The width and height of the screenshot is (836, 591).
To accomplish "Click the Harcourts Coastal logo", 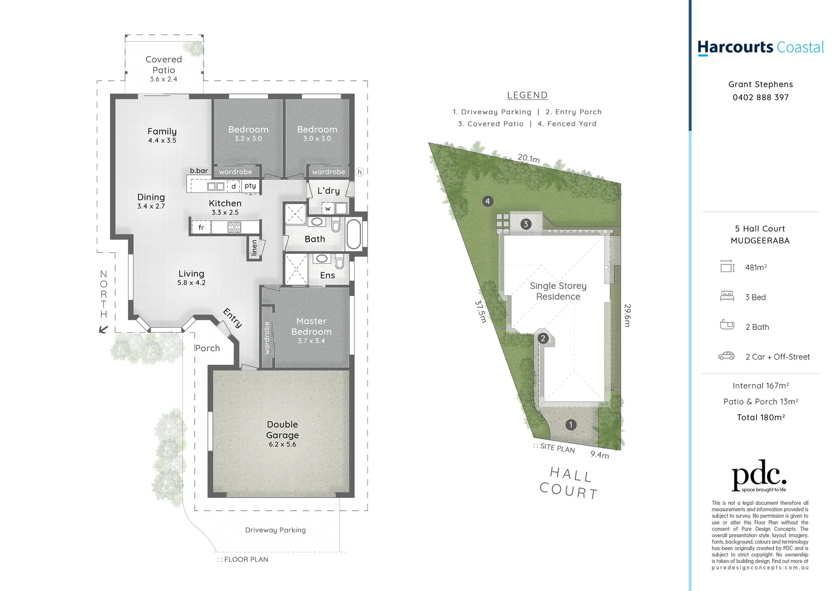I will coord(760,48).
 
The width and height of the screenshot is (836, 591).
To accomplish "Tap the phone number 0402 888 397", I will coord(760,97).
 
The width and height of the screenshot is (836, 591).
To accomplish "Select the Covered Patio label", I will coord(164,65).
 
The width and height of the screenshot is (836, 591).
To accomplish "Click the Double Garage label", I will coord(282,430).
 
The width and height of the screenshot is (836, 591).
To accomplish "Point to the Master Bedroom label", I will coord(311,326).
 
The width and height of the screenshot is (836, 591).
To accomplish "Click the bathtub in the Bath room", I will coord(354,234).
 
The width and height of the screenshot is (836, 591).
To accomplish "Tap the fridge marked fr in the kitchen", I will coord(201,227).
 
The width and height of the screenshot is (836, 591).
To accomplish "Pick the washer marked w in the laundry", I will coord(328,208).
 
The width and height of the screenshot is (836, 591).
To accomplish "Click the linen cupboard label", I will coord(254,248).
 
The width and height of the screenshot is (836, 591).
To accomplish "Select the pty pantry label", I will coord(250,186).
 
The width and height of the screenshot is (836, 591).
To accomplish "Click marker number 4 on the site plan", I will coord(487,201).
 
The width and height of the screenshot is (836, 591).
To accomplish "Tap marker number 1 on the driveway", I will coord(571,425).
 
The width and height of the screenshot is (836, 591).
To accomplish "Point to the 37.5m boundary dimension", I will coord(480,311).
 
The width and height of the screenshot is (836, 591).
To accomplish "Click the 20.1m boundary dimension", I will coord(529,158).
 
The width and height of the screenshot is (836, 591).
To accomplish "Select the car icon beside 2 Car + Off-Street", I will coord(727,356).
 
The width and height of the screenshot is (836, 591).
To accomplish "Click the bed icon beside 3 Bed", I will coord(727,297).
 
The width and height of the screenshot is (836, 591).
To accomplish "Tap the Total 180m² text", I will coord(760,417).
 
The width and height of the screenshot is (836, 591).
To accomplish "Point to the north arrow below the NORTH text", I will coord(103,329).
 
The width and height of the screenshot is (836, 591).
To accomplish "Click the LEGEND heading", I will coord(527,95).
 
